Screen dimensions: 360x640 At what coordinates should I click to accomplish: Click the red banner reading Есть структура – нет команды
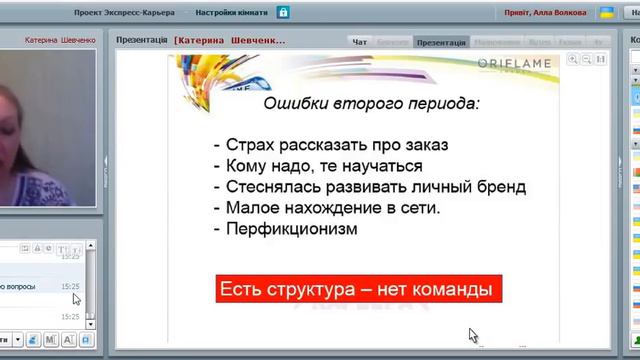[358, 291]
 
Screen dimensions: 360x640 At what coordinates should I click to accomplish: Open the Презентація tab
[441, 42]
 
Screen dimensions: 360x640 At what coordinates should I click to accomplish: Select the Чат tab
[361, 42]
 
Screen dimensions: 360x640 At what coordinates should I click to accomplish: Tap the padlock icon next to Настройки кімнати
[284, 13]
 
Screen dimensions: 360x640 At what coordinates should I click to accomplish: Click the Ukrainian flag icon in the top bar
[606, 13]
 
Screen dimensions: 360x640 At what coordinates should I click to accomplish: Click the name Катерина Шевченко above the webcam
[59, 39]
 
